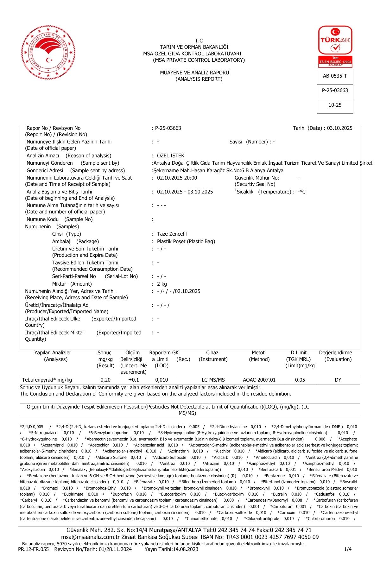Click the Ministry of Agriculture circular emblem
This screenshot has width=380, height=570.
46,54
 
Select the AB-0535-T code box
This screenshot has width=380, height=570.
335,76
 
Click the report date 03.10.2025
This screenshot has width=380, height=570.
339,128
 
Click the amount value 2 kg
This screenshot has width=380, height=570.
162,284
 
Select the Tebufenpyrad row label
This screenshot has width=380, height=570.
47,380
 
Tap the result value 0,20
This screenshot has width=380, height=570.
105,380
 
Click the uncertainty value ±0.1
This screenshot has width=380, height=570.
133,380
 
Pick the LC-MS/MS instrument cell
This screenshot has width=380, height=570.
213,380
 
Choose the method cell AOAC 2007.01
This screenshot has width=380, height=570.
259,380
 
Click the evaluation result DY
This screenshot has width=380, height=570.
338,380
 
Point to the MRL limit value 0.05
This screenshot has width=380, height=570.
300,380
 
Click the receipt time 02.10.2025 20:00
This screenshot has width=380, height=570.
177,178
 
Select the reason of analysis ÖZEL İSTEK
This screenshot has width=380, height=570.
170,156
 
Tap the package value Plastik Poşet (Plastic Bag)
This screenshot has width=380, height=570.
186,242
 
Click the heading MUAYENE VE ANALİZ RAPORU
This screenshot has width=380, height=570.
194,73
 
